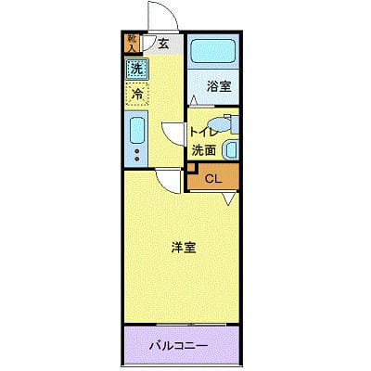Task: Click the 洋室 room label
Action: click(x=183, y=248)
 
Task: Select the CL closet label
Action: click(x=211, y=179)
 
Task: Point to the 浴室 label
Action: click(x=219, y=86)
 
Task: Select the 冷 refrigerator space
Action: click(x=136, y=94)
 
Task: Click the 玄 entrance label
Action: click(x=163, y=43)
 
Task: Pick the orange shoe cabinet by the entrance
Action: click(x=133, y=42)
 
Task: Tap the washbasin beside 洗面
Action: click(x=232, y=147)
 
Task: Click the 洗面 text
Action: click(x=204, y=148)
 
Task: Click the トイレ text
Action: click(x=201, y=131)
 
